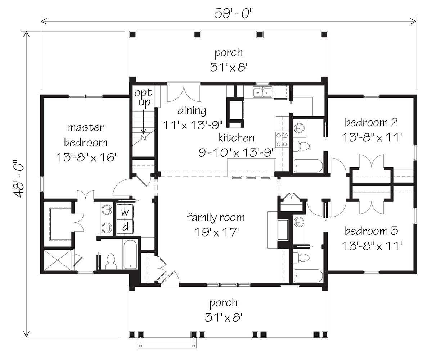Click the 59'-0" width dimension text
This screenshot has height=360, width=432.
pos(234,14)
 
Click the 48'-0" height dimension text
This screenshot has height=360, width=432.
pos(19,179)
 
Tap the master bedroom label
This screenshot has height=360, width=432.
pos(85,135)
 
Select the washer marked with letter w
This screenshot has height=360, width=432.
pos(125,212)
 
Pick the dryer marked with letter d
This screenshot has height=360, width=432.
pos(125,227)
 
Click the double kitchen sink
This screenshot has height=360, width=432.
pos(262,92)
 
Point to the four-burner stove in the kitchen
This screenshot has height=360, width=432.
pos(282,140)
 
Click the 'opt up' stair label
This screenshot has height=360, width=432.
pos(143,97)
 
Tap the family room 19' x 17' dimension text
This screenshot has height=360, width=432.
pos(217,232)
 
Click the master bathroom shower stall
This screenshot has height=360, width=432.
pos(58,260)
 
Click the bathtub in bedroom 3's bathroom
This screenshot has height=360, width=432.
pos(308,275)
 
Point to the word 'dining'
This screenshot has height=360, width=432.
pos(192,111)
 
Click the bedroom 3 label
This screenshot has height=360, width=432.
pos(372,231)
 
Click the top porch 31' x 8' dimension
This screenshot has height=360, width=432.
pos(229,67)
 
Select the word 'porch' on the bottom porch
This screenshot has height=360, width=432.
pos(224,303)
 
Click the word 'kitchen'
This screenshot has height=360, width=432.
pos(236,138)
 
